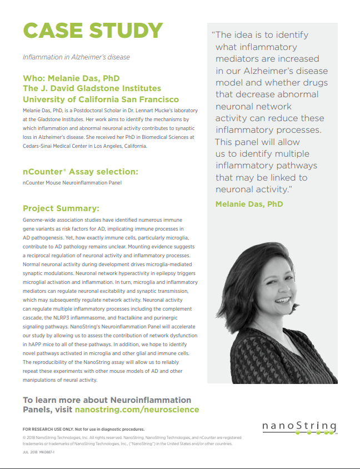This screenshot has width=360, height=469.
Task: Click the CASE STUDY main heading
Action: tap(93, 31)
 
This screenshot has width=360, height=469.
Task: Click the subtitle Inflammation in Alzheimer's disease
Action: tap(76, 57)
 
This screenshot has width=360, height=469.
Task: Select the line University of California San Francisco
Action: tap(101, 99)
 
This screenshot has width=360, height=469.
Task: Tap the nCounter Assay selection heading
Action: tap(80, 172)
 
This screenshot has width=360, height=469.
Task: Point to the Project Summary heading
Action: tap(61, 208)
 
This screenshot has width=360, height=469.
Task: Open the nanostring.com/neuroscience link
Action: tap(137, 410)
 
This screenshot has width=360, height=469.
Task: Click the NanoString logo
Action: tap(299, 428)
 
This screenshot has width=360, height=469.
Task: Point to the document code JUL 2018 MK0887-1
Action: tap(39, 453)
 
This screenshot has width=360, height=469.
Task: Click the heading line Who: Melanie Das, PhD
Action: tap(71, 78)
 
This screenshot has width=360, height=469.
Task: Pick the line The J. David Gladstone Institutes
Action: tap(92, 88)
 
